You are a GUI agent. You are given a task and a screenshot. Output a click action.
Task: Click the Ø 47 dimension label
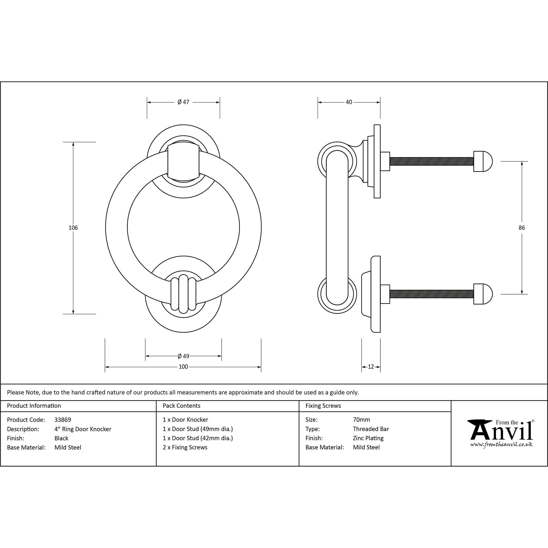183,102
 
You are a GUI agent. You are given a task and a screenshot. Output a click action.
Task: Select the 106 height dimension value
73,227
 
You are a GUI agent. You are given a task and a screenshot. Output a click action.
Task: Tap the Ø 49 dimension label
183,356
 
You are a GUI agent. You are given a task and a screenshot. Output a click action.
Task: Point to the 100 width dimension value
183,367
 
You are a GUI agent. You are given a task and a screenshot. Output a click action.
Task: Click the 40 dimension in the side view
349,102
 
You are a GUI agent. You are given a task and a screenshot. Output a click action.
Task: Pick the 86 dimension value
522,227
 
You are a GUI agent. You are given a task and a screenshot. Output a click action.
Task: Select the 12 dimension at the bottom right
371,367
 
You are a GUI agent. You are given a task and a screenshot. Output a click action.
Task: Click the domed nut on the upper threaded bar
483,162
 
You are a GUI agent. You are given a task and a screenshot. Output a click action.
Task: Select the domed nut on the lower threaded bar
483,294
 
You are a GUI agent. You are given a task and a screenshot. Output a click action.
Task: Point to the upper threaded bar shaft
431,162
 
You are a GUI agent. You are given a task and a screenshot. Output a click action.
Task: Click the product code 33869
63,419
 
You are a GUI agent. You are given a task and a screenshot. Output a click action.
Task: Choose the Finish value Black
61,438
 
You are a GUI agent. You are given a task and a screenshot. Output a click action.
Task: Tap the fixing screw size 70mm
361,419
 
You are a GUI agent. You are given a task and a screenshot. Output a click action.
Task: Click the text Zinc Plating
368,438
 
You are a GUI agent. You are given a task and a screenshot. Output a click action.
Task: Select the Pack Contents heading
181,406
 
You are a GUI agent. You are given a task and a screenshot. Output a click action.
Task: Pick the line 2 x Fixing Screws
185,447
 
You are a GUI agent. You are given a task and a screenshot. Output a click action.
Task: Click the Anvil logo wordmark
501,432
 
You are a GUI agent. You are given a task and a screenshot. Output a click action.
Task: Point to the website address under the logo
501,445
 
